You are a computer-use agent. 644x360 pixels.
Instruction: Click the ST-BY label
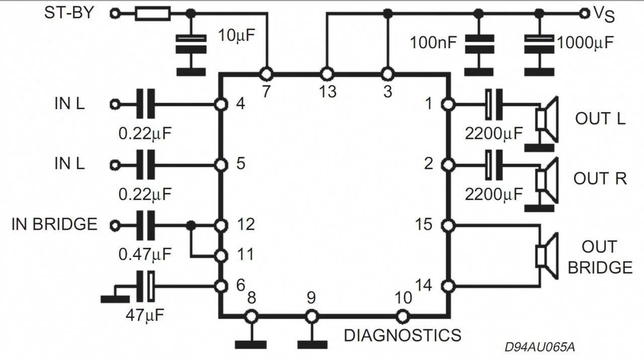69,13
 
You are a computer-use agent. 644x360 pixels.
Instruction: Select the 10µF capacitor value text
236,36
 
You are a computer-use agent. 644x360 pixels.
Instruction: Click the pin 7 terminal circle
266,74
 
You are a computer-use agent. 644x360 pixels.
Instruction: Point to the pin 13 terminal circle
327,74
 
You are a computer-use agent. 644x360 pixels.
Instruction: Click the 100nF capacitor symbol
478,43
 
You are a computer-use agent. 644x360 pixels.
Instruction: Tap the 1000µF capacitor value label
585,43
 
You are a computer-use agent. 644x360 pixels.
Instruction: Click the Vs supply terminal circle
585,14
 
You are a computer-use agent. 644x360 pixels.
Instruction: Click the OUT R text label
600,178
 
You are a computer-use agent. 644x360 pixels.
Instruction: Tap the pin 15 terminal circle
447,225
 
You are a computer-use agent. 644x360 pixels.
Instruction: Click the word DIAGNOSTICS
402,335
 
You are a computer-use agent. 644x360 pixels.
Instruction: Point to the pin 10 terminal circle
402,316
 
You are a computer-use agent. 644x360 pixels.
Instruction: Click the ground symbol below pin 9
312,344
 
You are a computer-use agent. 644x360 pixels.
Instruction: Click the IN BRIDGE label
54,224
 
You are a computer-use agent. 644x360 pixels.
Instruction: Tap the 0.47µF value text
145,254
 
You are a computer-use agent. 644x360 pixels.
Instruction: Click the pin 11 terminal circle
220,255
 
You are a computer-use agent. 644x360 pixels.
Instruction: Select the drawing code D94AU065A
540,347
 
